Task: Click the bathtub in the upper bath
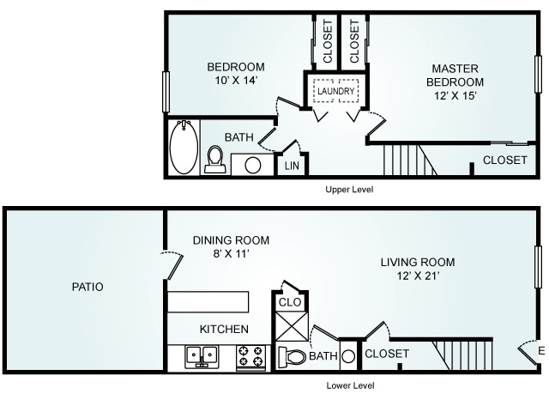pos(184,147)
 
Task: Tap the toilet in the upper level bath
pos(215,160)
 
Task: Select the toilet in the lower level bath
pos(292,357)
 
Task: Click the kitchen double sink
pos(202,357)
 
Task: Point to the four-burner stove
pos(251,357)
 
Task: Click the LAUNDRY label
pos(335,91)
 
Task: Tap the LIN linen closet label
pos(292,166)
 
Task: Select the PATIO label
pos(87,287)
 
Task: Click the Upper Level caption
pos(349,190)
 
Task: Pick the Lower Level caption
pos(350,385)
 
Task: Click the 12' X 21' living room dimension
pos(418,276)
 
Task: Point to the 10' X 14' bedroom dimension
pos(237,80)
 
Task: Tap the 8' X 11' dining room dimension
pos(231,253)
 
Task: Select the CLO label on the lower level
pos(290,302)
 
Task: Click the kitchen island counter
pos(208,301)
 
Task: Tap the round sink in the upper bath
pos(253,165)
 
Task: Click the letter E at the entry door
pos(541,351)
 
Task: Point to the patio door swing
pos(175,264)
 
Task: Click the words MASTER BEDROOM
pos(455,75)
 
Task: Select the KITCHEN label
pos(224,330)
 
